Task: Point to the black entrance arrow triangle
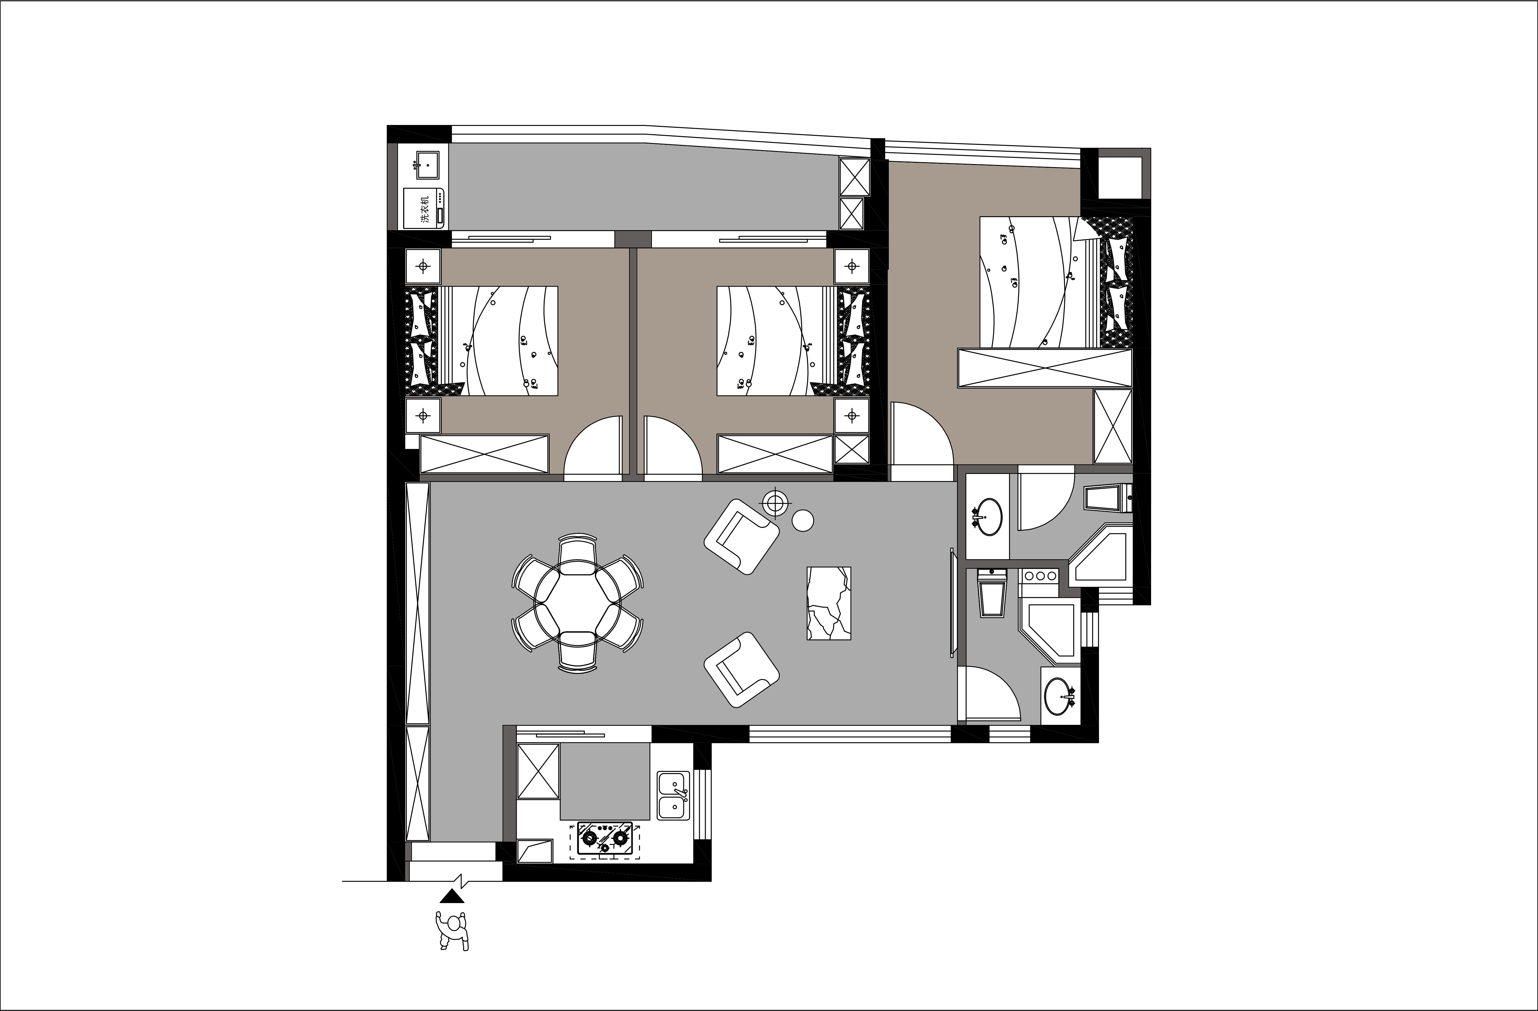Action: tap(452, 896)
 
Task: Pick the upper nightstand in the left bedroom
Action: tap(423, 266)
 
